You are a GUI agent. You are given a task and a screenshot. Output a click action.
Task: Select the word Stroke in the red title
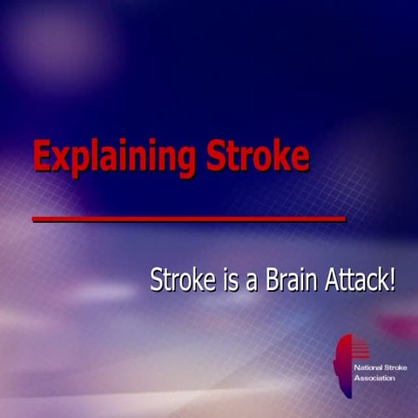(x=257, y=156)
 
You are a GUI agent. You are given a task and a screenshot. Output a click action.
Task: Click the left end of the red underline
(x=35, y=219)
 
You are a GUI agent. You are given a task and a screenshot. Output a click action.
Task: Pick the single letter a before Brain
(x=251, y=283)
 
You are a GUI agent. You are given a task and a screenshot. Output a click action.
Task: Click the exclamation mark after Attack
(x=392, y=280)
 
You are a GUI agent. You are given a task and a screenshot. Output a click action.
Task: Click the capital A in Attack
(x=329, y=280)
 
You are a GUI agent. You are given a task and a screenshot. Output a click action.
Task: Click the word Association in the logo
(x=373, y=378)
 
